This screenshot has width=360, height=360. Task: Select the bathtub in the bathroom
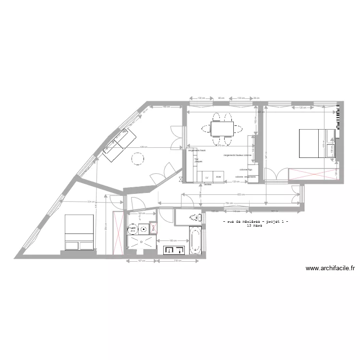point(194,241)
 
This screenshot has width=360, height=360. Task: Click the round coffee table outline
point(138,158)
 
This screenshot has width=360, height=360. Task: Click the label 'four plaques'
point(198,161)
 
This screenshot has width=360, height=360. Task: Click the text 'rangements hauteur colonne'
point(237,155)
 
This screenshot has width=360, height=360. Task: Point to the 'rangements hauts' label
point(197,151)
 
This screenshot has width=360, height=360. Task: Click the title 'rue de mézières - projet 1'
point(256,221)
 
